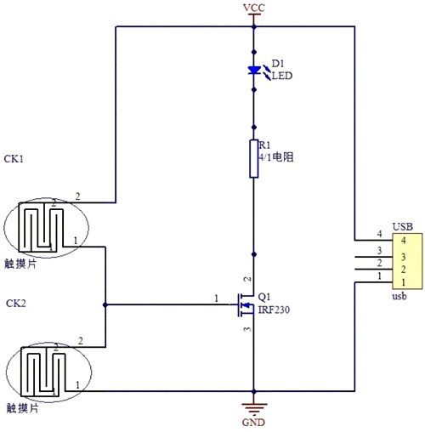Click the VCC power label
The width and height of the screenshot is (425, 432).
pos(254,8)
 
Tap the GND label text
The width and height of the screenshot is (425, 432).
pos(254,423)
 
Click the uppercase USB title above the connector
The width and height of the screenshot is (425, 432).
pos(402,227)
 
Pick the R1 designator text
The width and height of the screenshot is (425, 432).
pos(264,145)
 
